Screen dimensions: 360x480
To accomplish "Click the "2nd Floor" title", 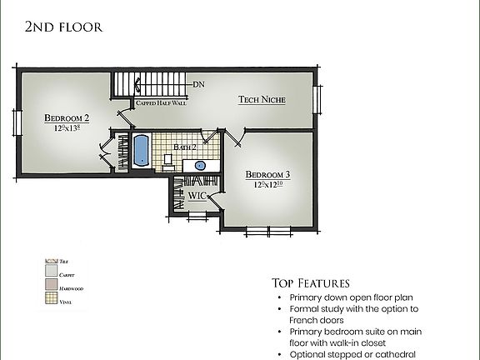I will pos(63,27).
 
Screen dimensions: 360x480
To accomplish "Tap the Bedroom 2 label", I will pos(67,118).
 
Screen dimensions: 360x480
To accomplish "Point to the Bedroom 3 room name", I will pos(267,175).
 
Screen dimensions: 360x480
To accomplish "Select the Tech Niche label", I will pos(262,99).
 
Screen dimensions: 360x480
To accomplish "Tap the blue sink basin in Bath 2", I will pos(201,165).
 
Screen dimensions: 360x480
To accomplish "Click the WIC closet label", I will pos(197,196).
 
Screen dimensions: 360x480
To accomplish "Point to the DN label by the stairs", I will pos(198,84).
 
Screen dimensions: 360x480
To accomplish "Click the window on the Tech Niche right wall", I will pos(317,99).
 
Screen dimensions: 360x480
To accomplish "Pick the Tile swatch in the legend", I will pos(49,261).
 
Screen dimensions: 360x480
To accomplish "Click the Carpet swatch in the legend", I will pos(49,274).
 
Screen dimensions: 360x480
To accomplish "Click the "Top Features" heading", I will pos(310,282).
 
